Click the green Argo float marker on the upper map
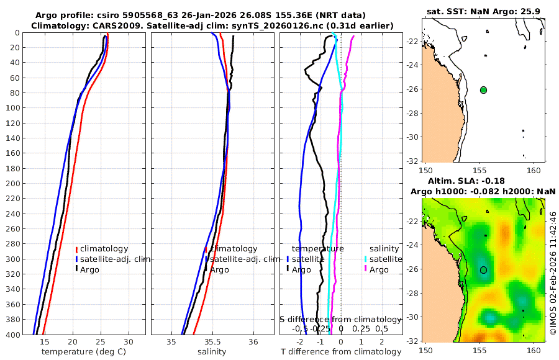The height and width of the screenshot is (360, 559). click(483, 90)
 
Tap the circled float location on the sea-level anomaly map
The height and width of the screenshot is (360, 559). click(483, 269)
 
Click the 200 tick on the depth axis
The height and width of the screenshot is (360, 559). click(12, 184)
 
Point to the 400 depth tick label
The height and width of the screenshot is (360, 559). click(12, 335)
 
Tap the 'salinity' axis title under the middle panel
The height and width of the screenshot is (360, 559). click(211, 352)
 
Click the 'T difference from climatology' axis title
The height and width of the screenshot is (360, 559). click(341, 352)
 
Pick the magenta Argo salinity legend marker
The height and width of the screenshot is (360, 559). click(366, 269)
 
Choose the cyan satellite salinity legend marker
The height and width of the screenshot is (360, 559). click(366, 259)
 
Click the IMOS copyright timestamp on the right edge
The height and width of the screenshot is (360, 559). click(553, 273)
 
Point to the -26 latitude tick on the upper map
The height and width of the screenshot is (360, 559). click(412, 89)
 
